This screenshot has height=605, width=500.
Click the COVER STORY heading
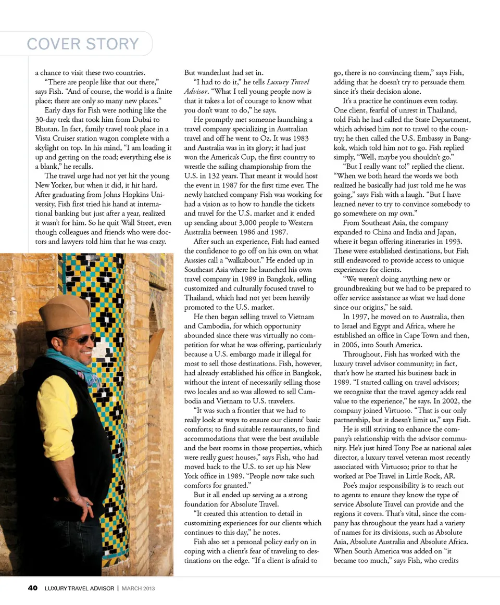coord(83,44)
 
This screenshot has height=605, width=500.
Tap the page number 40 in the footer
coord(32,588)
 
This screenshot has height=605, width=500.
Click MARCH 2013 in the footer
coord(138,589)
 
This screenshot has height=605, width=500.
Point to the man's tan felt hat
coord(65,312)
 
